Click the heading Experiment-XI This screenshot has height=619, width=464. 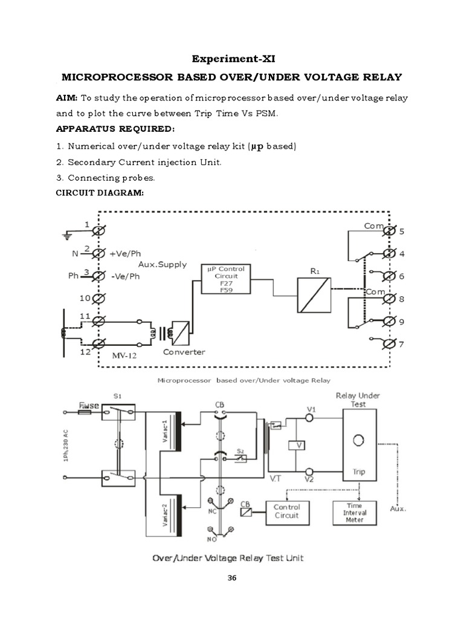tap(231, 59)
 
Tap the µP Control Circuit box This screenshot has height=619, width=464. tap(226, 279)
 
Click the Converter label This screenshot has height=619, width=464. tap(184, 352)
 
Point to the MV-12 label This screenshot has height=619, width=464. tap(124, 355)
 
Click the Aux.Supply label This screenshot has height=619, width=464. tap(163, 265)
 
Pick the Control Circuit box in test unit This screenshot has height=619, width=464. tap(286, 511)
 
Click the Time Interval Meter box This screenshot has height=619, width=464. tap(355, 512)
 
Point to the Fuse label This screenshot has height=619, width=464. tap(89, 404)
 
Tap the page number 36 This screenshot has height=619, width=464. tap(232, 578)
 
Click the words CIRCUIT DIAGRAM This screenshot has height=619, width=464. tap(100, 193)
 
